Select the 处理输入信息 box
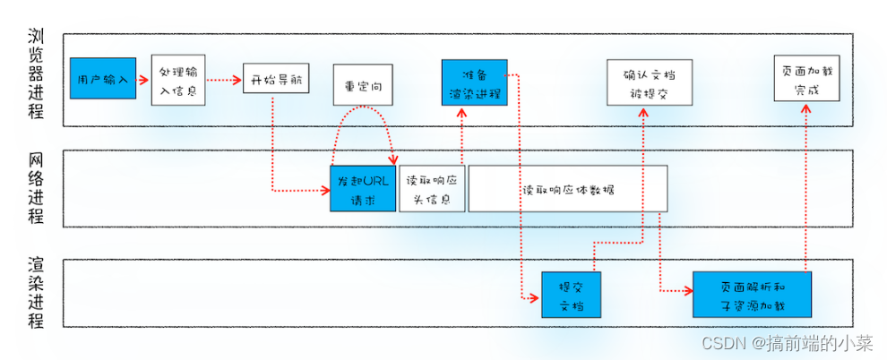(x=177, y=80)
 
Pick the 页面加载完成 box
(x=806, y=79)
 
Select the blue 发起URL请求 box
(x=363, y=189)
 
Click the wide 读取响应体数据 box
(x=568, y=189)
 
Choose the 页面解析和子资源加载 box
(x=752, y=293)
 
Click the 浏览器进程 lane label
(x=36, y=78)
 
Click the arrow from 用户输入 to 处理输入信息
(x=143, y=80)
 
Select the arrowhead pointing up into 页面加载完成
(x=806, y=107)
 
